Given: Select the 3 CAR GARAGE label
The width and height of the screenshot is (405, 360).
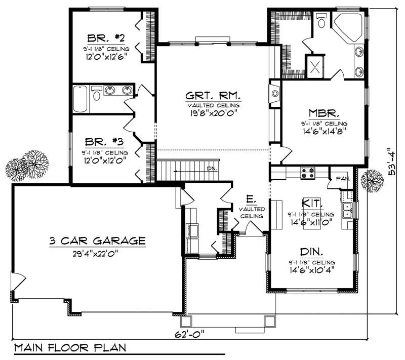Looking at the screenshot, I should pyautogui.click(x=98, y=241).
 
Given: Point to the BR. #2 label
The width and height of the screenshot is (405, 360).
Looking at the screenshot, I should pyautogui.click(x=106, y=37).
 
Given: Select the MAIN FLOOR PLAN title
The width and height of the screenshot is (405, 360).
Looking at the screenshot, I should pyautogui.click(x=70, y=349).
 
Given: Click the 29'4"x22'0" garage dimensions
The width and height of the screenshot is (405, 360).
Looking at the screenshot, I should pyautogui.click(x=98, y=254).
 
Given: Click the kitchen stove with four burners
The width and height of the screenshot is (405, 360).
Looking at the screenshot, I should pyautogui.click(x=307, y=174).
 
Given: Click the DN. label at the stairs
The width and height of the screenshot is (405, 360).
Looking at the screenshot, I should pyautogui.click(x=212, y=169).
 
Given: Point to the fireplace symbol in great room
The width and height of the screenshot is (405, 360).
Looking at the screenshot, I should pyautogui.click(x=275, y=94).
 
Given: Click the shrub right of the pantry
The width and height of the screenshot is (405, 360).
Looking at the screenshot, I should pyautogui.click(x=373, y=180).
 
